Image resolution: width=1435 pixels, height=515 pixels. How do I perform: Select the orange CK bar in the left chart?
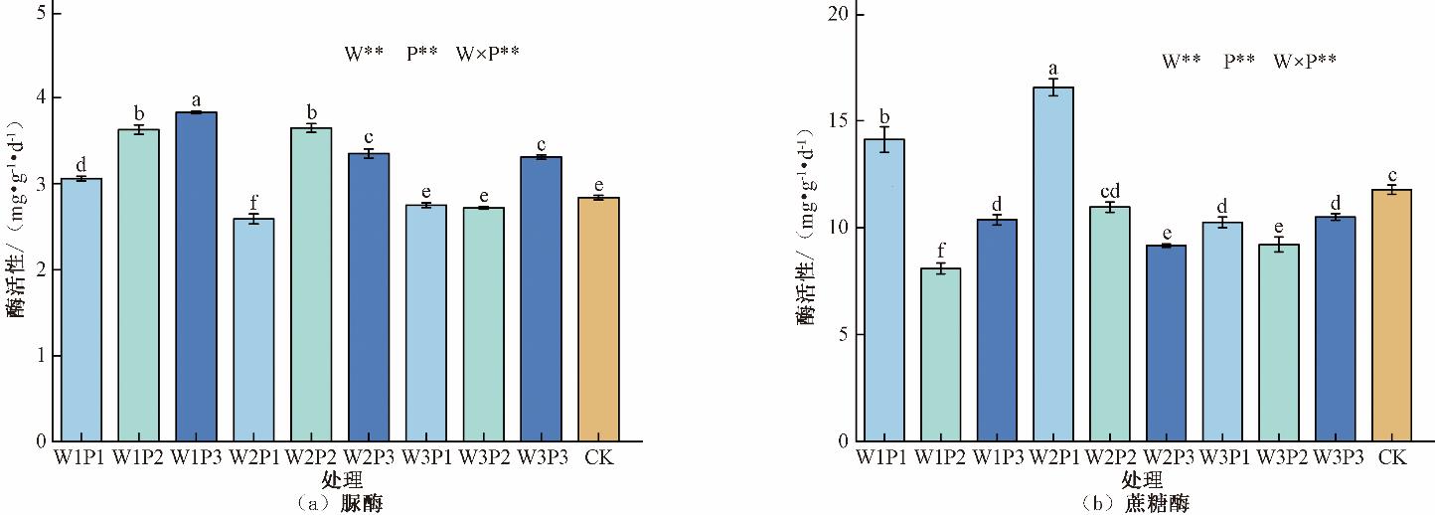coord(598,319)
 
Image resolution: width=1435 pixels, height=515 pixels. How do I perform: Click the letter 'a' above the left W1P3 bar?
coord(196,100)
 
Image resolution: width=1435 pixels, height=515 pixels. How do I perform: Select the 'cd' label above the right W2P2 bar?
coord(1110,191)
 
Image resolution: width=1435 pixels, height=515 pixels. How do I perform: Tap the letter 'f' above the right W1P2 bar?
coord(940,253)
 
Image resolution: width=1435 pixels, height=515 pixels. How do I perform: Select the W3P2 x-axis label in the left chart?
coord(484,457)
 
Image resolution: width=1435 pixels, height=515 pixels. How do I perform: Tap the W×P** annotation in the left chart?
coord(487,54)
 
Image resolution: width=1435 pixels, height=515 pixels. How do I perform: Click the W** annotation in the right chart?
coord(1182,61)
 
